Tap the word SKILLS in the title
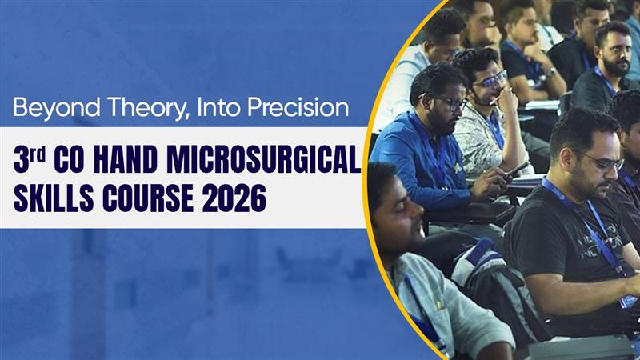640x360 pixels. click(x=52, y=198)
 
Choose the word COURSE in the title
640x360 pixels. click(x=147, y=198)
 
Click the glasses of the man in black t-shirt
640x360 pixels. click(x=604, y=162)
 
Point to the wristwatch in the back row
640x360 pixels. click(x=550, y=73)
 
